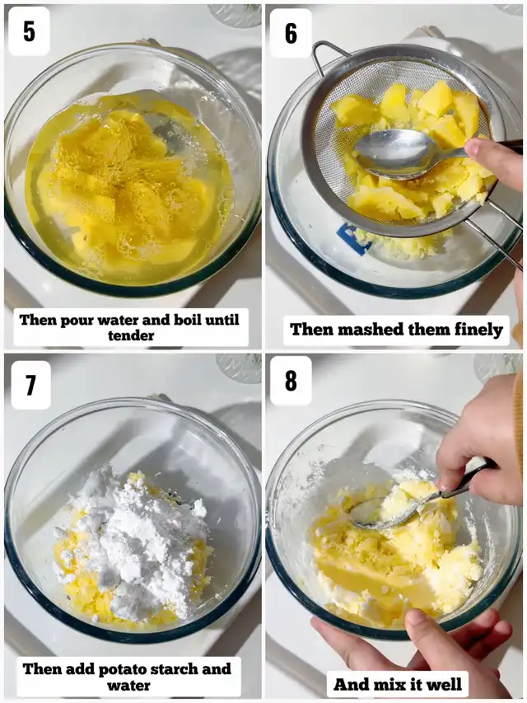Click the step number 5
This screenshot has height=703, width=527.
(29, 31)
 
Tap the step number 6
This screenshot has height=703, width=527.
(291, 33)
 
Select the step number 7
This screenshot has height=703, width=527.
(30, 385)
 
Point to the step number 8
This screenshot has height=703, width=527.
(291, 381)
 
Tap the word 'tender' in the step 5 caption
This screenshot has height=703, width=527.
(131, 335)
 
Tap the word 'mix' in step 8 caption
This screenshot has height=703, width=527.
(389, 685)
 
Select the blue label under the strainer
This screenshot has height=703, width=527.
(353, 239)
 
